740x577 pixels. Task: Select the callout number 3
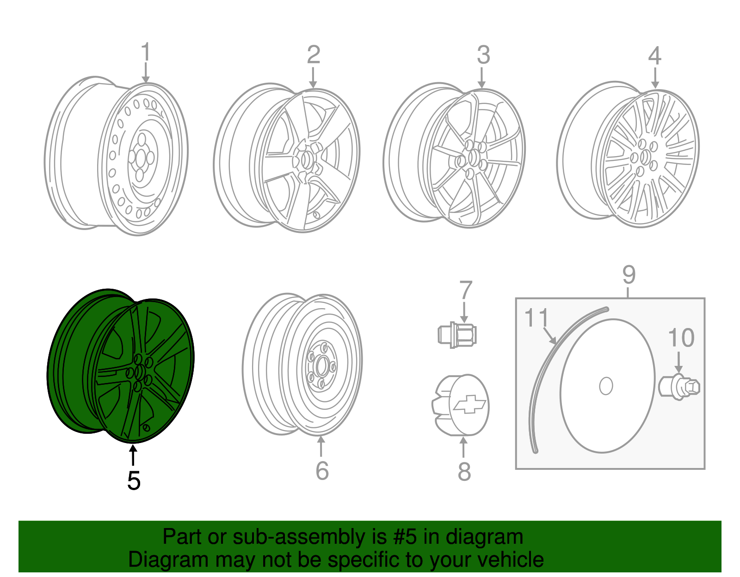point(483,55)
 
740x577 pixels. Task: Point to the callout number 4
point(654,55)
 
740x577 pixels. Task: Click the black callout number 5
point(134,481)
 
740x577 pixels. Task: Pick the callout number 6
point(322,471)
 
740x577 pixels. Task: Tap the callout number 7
point(465,290)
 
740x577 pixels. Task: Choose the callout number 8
point(464,472)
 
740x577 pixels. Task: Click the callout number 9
point(629,275)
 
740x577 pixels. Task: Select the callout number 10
point(681,338)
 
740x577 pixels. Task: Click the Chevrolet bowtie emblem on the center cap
point(470,404)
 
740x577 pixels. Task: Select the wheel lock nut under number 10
point(679,387)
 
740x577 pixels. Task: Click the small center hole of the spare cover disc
point(606,386)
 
